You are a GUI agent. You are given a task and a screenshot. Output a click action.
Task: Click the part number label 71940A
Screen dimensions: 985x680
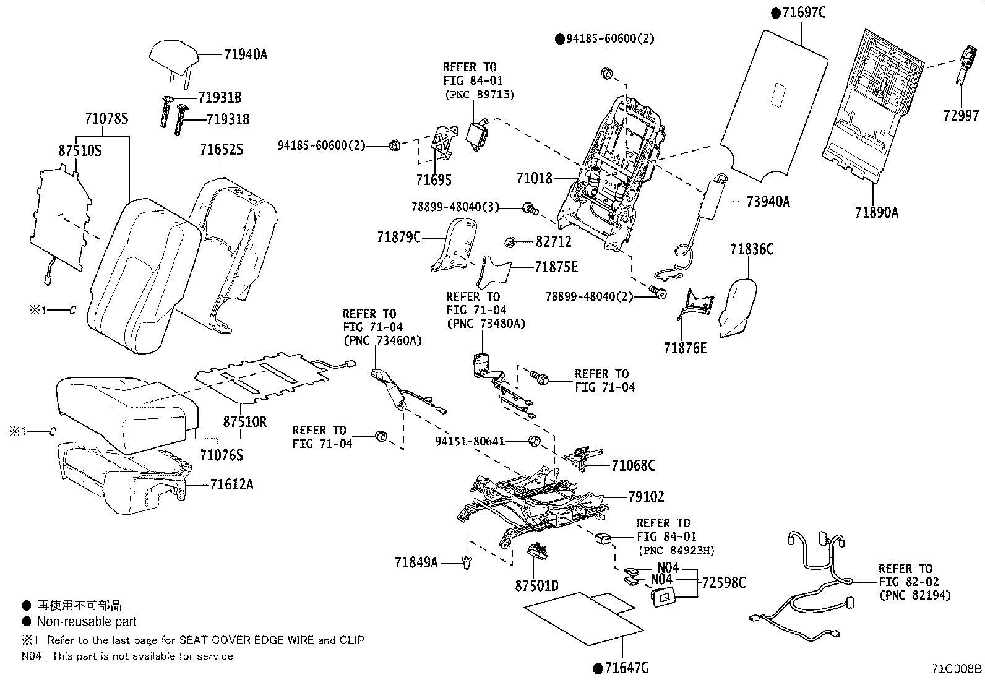[246, 54]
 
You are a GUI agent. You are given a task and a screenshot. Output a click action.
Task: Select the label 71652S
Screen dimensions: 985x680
[221, 150]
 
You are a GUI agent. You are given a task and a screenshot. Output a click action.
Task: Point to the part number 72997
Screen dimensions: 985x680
[961, 116]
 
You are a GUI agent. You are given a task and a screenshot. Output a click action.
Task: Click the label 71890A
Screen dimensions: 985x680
[876, 212]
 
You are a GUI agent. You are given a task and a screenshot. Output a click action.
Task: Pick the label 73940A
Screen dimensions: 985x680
[768, 202]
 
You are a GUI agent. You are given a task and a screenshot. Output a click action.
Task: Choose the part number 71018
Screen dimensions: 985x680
[535, 178]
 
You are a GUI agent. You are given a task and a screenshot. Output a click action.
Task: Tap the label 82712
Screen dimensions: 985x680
[553, 241]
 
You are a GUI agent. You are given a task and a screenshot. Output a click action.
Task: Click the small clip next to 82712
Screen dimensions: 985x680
[510, 242]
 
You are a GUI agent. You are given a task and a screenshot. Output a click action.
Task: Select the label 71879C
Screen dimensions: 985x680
[398, 237]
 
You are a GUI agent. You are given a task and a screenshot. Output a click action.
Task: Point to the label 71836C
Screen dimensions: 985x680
[752, 249]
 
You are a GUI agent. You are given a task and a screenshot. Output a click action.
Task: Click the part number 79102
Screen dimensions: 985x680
[646, 497]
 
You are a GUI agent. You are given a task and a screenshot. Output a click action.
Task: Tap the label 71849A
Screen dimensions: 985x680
[416, 562]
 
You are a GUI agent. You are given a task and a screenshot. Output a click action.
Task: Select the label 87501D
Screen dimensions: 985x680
[536, 586]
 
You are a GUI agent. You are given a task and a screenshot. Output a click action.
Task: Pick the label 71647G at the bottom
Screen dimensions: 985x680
[627, 668]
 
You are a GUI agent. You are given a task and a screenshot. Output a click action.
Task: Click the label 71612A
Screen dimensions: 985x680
[231, 484]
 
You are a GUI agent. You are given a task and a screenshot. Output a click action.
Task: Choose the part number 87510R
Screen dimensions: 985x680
[244, 421]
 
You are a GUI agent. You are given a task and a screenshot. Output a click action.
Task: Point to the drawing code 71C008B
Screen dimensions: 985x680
[957, 669]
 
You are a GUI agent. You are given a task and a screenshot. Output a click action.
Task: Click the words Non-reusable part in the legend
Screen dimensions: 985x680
[87, 621]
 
